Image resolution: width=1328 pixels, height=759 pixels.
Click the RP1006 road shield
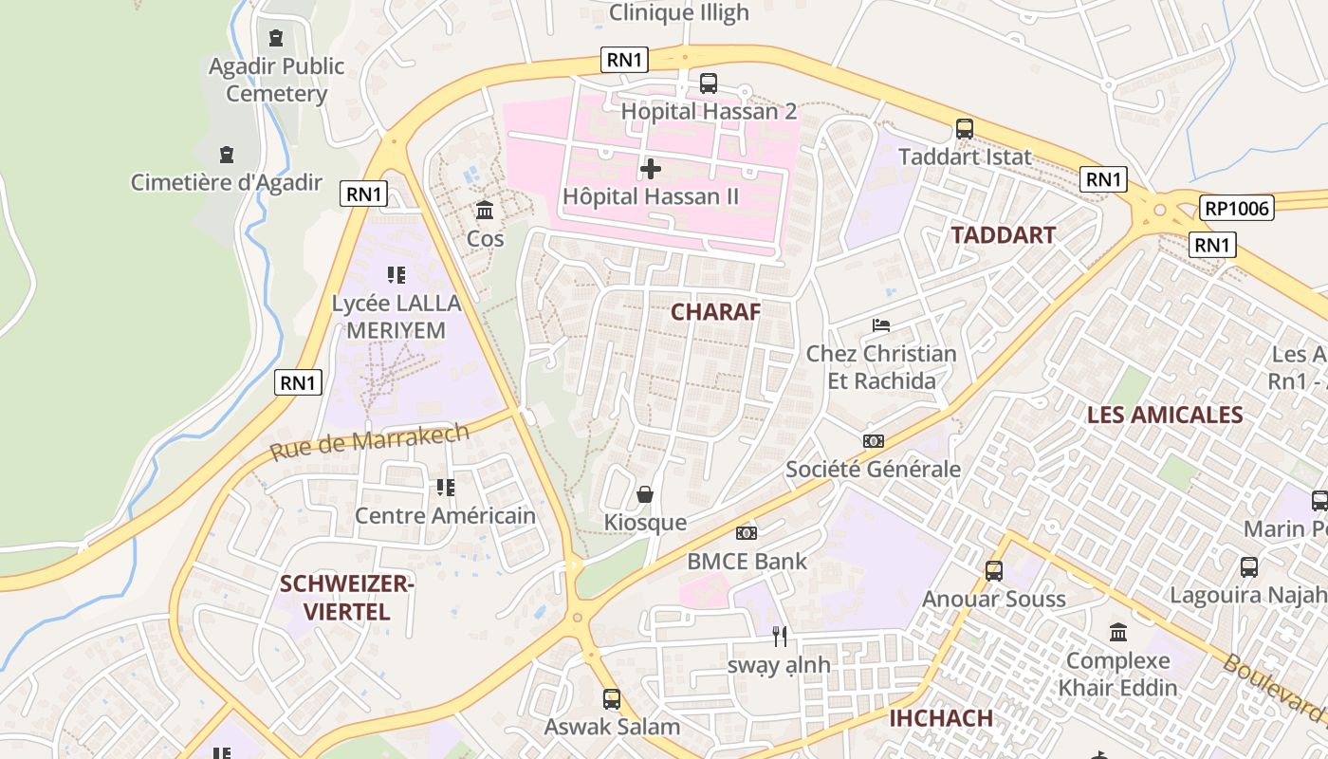[x=1235, y=208]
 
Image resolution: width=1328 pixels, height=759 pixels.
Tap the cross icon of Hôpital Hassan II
[x=651, y=169]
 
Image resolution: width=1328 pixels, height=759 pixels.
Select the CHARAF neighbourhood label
[x=716, y=311]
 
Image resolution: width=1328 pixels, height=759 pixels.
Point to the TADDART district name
[x=1003, y=235]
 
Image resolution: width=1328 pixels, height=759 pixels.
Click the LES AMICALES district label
[x=1164, y=415]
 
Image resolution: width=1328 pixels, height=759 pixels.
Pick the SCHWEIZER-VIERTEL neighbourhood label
[x=347, y=598]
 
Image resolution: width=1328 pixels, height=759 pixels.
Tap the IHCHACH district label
[x=941, y=718]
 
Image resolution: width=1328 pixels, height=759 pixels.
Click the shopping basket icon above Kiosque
[x=645, y=494]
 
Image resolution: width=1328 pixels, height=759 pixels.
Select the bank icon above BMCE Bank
[x=747, y=533]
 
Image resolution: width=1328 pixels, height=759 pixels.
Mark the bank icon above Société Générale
[x=873, y=441]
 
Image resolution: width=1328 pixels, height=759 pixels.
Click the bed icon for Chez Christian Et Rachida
[x=880, y=325]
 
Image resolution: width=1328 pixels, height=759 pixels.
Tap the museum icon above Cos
[x=485, y=210]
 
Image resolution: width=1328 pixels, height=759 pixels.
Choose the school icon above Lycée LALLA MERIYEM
[x=397, y=275]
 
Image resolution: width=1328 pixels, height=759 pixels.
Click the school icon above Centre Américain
[x=445, y=488]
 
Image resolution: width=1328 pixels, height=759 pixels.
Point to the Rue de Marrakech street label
[x=369, y=442]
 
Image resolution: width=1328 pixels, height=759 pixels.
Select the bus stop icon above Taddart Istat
[x=965, y=128]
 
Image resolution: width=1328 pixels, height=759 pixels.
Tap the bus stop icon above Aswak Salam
[x=612, y=699]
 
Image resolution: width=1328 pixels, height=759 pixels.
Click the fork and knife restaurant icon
[x=779, y=637]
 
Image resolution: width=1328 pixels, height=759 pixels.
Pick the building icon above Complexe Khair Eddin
[x=1118, y=632]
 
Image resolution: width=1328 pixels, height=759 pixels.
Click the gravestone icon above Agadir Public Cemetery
[x=276, y=38]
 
